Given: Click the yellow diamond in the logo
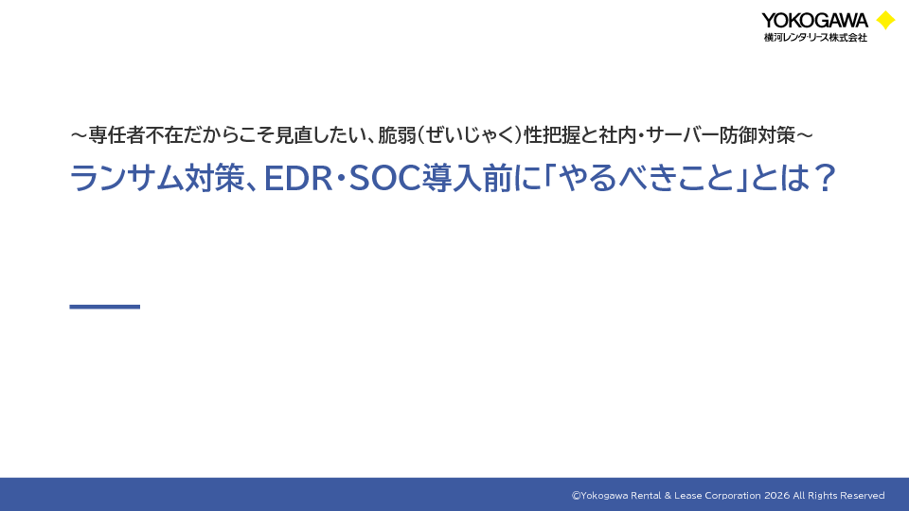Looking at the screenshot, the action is point(885,20).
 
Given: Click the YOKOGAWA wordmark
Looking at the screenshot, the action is point(814,20).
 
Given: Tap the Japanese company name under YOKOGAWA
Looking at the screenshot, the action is point(815,37).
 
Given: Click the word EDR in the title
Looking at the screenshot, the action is point(297,178).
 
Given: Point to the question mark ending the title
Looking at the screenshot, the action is point(824,177).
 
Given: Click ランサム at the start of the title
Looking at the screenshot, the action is point(126,178).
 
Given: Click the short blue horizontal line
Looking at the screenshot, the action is point(105,307).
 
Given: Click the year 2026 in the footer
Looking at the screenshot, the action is point(776,495).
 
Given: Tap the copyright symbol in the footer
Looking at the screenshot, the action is point(576,495).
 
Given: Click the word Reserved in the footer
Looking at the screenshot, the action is point(862,495).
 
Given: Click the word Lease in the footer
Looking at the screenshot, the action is point(687,495).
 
